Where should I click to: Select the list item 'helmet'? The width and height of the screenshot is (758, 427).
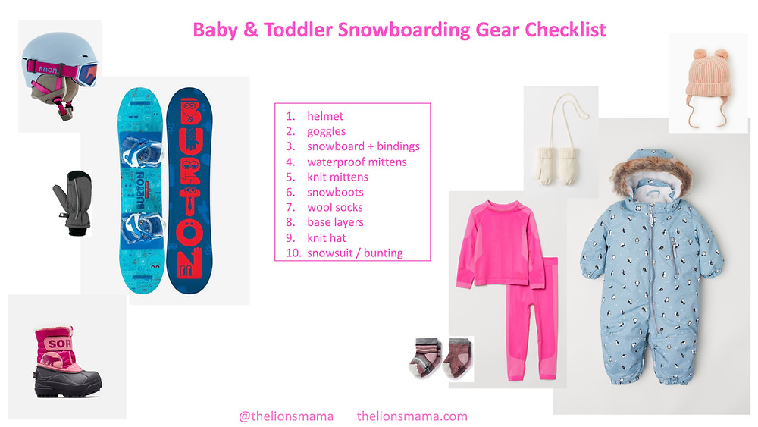325,116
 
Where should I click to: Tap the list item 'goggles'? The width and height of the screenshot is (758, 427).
326,131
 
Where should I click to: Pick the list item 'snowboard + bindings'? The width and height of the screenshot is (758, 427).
363,146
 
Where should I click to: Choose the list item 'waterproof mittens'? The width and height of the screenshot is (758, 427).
356,162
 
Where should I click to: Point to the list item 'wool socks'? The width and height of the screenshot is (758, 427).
334,207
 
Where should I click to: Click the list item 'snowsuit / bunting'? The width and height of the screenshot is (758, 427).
355,253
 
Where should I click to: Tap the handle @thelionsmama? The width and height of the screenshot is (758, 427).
286,416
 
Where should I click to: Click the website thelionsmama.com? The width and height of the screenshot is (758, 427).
412,416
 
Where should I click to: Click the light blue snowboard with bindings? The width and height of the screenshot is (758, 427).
142,193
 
